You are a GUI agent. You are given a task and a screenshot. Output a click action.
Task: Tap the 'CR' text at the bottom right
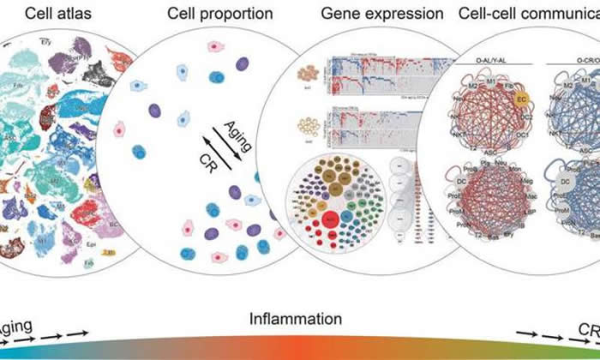(x=589, y=329)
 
